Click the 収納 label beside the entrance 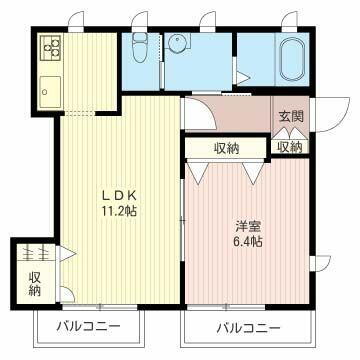(x=290, y=148)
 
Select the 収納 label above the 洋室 (x=227, y=148)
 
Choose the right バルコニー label (x=247, y=327)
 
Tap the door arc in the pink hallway (x=196, y=115)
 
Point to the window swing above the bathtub (x=289, y=19)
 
